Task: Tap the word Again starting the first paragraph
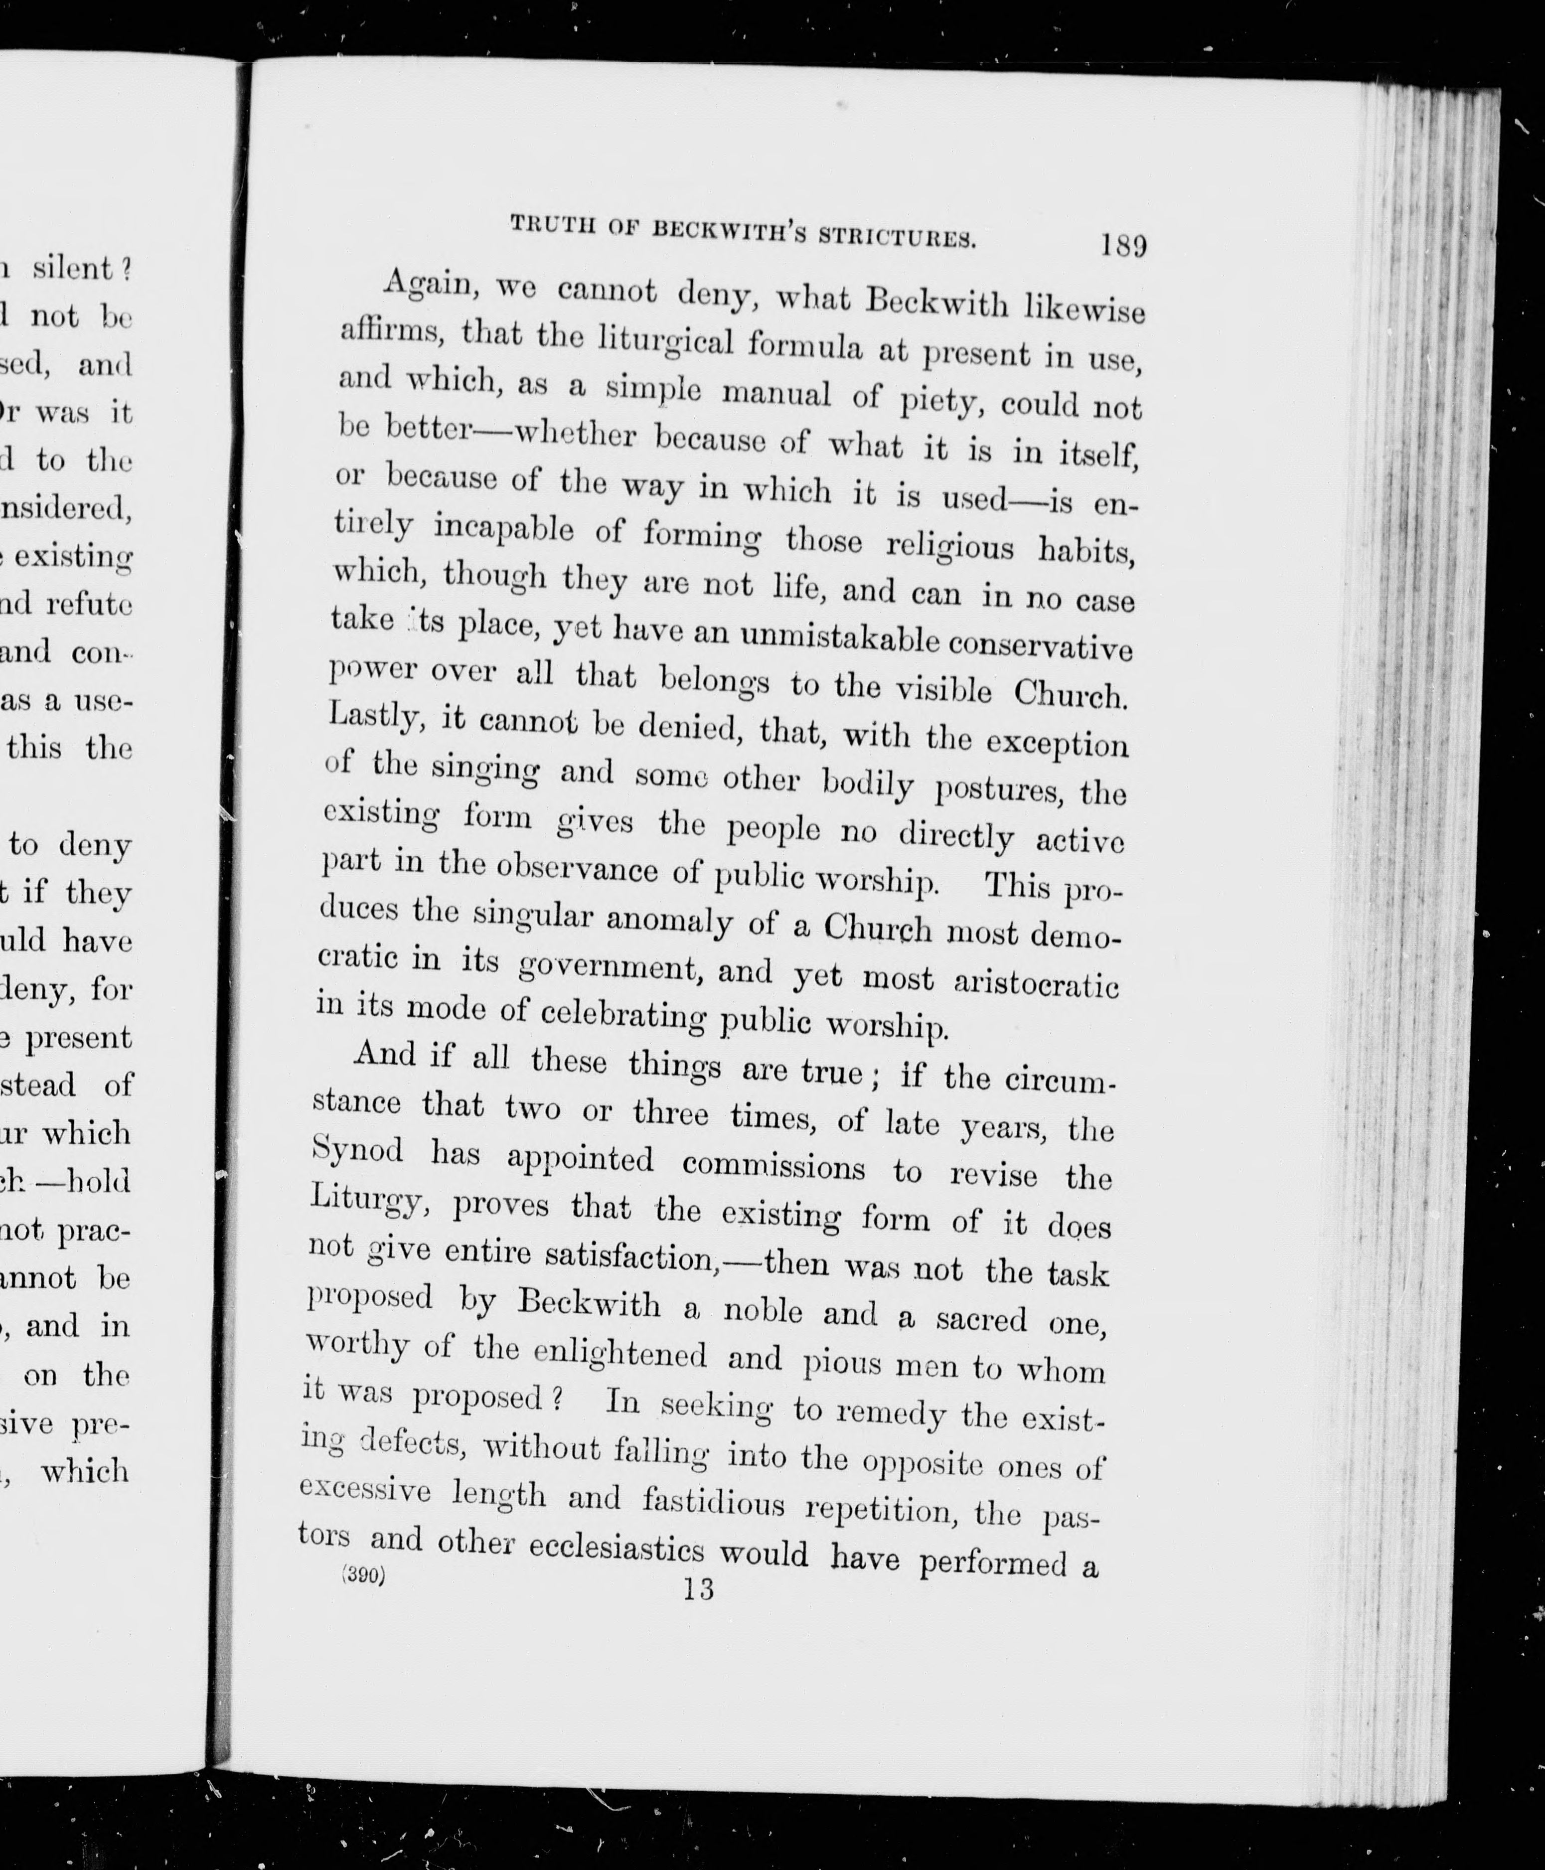pyautogui.click(x=426, y=284)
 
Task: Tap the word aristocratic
pyautogui.click(x=1035, y=983)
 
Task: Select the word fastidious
pyautogui.click(x=713, y=1503)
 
